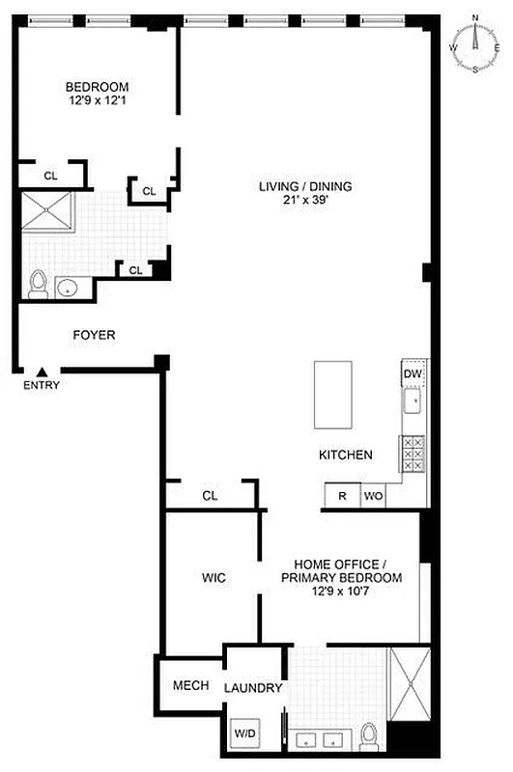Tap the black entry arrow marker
(43, 372)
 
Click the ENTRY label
(43, 386)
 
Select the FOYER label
(95, 336)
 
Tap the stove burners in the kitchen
(413, 453)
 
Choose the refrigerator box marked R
(342, 496)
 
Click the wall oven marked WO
(374, 496)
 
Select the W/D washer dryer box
(244, 734)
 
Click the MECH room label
(191, 686)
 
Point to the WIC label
(214, 578)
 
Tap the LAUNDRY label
(253, 688)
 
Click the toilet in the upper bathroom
(39, 283)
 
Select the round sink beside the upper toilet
(68, 287)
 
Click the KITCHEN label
(346, 455)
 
